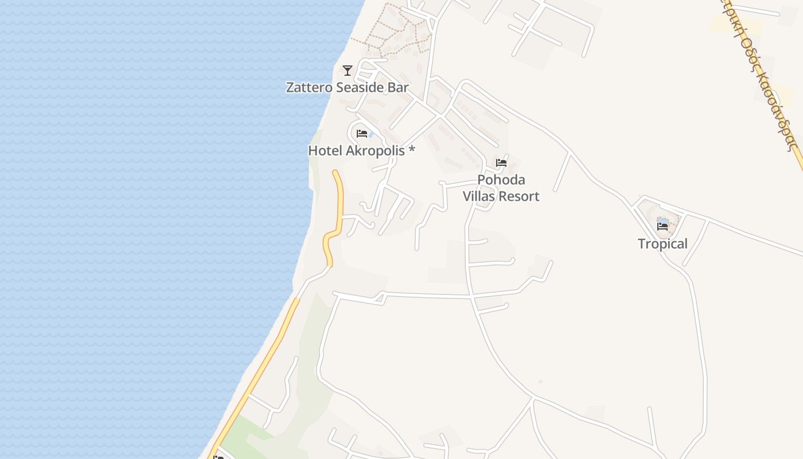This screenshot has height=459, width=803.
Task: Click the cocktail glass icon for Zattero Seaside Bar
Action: (x=347, y=71)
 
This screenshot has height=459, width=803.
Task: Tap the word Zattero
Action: (x=309, y=88)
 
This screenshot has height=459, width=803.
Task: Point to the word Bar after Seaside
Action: (x=399, y=88)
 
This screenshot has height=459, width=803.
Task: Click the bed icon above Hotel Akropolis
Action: (x=361, y=134)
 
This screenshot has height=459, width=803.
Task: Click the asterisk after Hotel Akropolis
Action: (x=411, y=150)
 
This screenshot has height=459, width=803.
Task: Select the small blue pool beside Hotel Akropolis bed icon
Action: (x=371, y=135)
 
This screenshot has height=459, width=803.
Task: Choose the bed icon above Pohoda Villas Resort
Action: (x=501, y=163)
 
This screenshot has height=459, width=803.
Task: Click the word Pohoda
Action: (x=501, y=180)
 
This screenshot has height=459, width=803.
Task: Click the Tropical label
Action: (x=662, y=244)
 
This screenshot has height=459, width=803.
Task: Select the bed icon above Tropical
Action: (x=662, y=227)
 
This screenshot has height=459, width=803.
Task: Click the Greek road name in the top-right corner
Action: (x=763, y=80)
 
